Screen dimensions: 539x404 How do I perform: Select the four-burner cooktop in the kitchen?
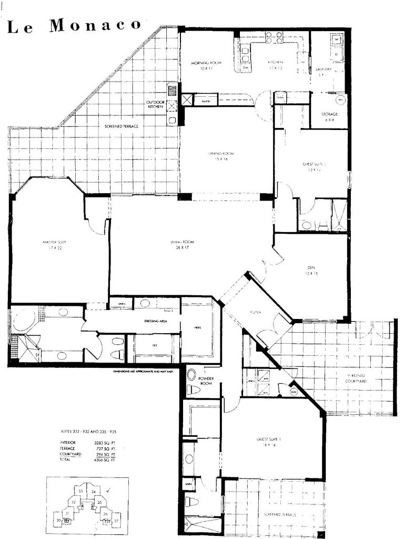[274, 37]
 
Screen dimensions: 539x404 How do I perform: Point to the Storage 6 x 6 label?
[329, 117]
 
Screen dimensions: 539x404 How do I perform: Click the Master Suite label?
[53, 245]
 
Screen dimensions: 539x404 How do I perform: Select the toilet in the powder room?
[193, 391]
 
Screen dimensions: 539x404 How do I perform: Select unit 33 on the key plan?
[80, 491]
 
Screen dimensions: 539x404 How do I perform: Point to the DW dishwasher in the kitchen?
[246, 67]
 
